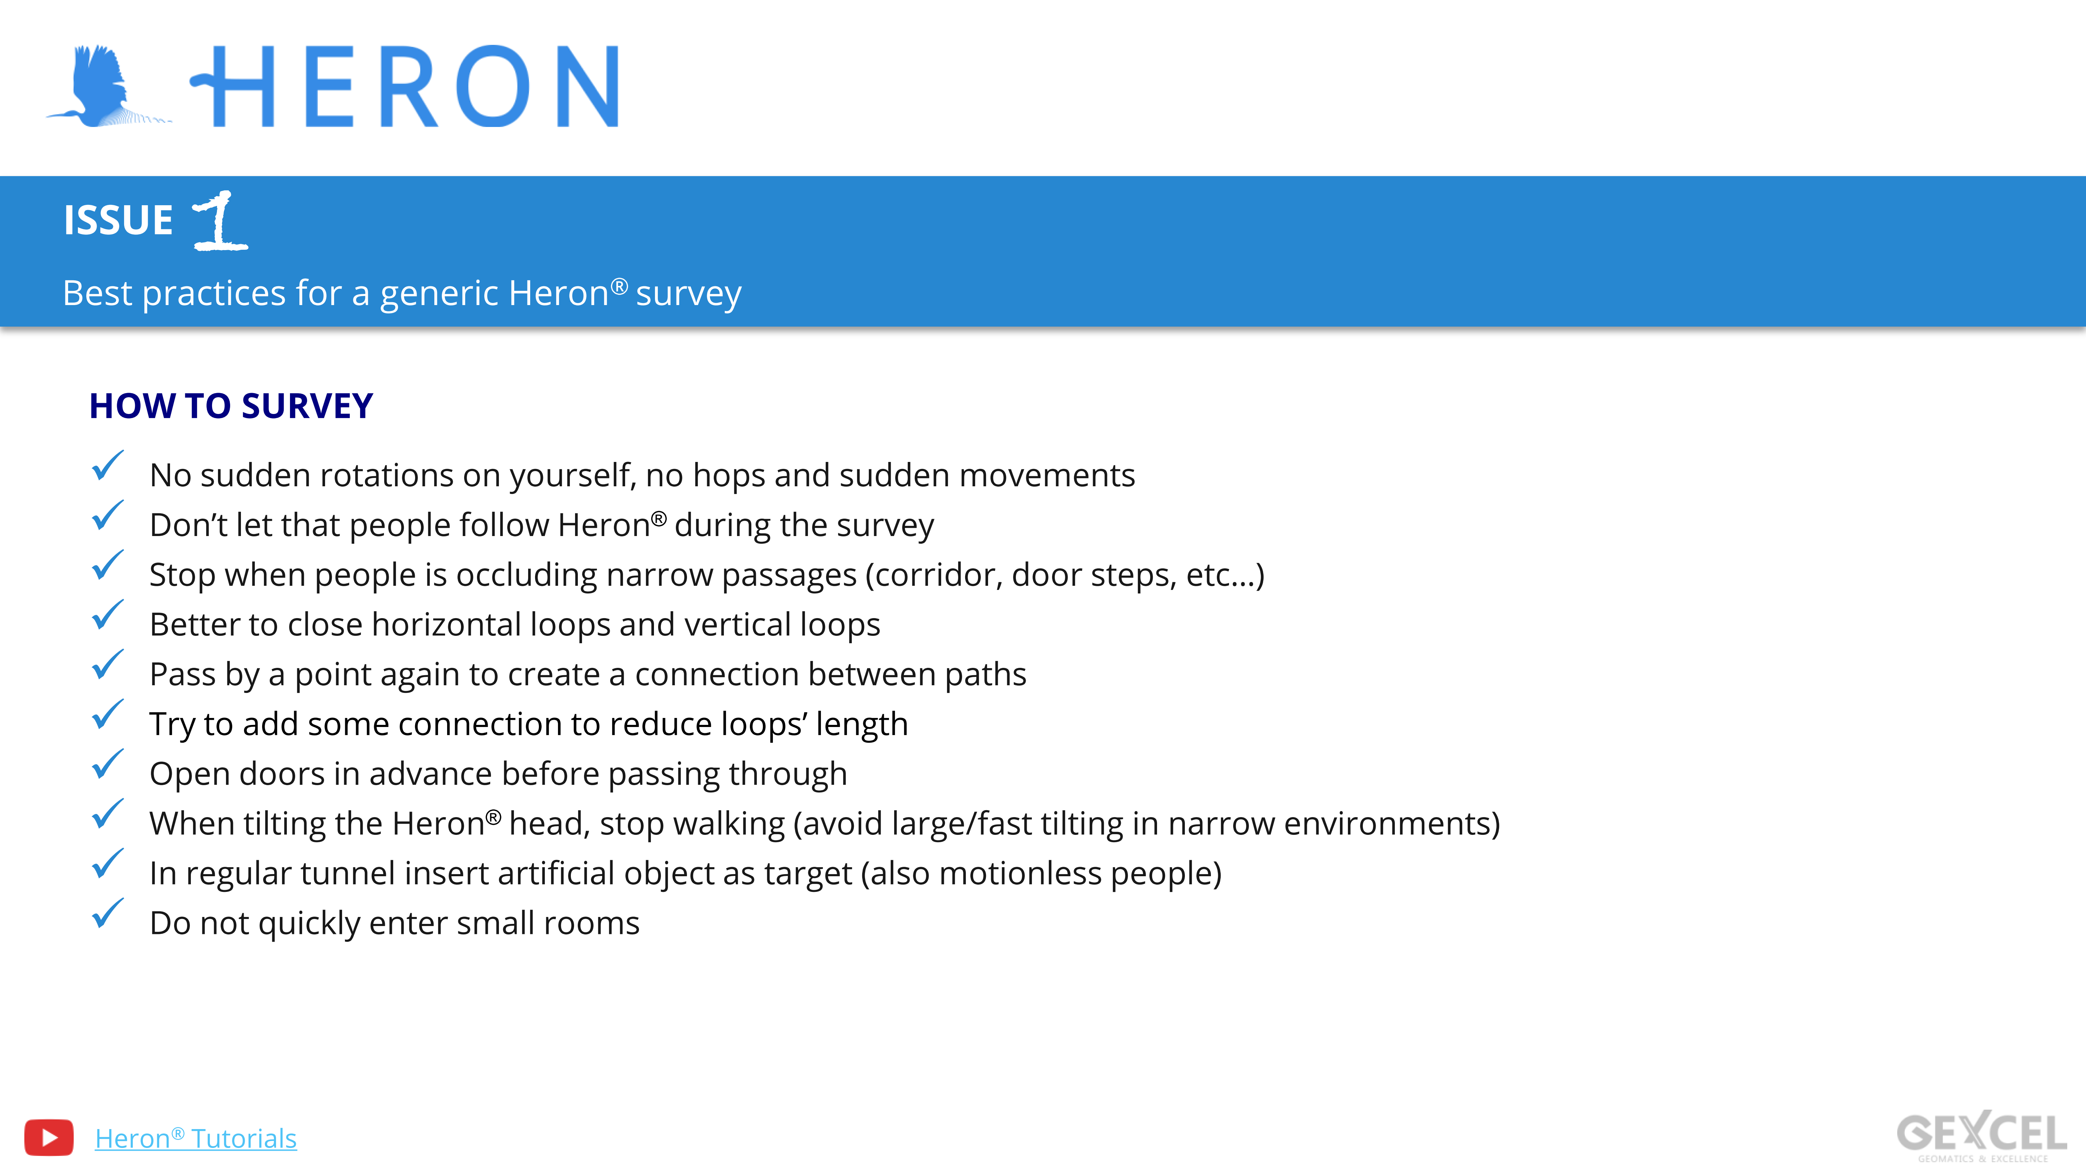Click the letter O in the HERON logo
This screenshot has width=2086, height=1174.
pyautogui.click(x=492, y=86)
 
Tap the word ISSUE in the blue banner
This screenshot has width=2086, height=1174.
pyautogui.click(x=118, y=221)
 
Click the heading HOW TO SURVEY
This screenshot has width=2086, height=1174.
pyautogui.click(x=231, y=406)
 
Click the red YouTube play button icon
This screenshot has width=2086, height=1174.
pyautogui.click(x=49, y=1137)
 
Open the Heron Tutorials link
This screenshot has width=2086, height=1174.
pyautogui.click(x=196, y=1139)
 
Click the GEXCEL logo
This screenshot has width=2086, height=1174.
pyautogui.click(x=1982, y=1136)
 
